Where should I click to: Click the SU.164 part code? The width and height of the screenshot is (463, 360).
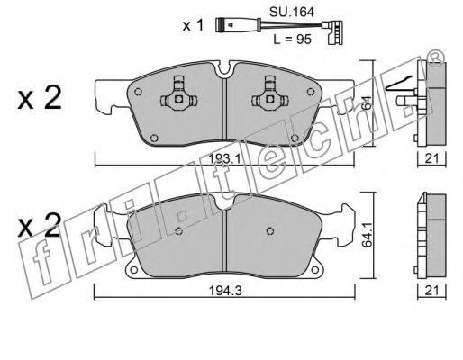click(292, 13)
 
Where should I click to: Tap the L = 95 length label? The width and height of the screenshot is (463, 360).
click(292, 40)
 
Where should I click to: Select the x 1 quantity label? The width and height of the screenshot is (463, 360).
click(193, 26)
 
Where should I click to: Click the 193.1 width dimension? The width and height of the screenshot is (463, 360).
click(225, 159)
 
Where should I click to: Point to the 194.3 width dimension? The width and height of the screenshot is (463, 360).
click(225, 291)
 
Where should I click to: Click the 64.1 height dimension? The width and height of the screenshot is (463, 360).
click(367, 234)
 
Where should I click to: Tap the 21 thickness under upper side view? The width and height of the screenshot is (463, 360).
click(431, 158)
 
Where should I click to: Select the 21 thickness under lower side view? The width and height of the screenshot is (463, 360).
click(431, 290)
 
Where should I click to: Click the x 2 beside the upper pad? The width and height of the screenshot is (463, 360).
click(40, 98)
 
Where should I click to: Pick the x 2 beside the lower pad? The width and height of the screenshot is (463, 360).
click(40, 226)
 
